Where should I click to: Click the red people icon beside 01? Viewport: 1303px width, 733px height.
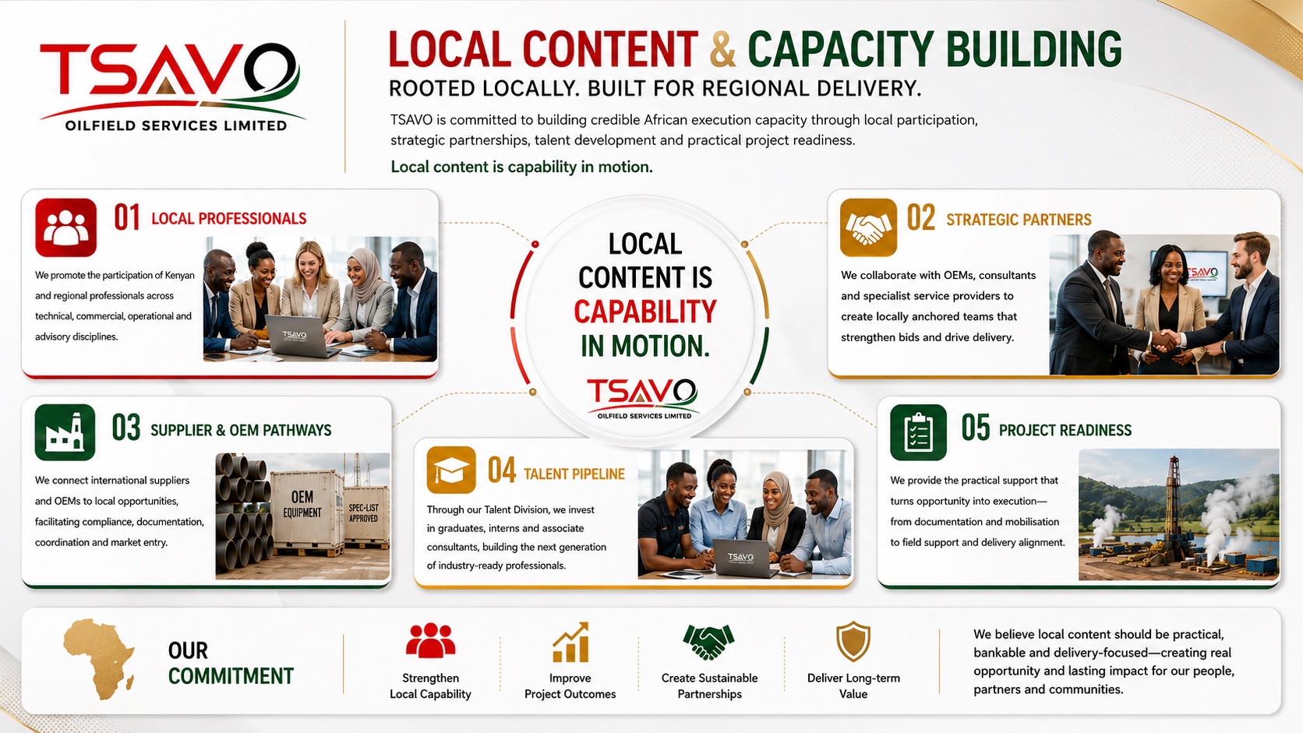(x=65, y=227)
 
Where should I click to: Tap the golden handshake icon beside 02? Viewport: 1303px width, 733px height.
(x=868, y=227)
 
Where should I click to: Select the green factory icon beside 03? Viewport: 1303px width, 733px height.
(x=65, y=432)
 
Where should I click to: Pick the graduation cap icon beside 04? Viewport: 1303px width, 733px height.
(x=450, y=470)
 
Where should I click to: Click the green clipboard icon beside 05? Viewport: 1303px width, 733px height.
(x=918, y=432)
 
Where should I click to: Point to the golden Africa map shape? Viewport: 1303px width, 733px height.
(x=100, y=658)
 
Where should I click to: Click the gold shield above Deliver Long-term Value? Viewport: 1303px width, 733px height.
(x=853, y=641)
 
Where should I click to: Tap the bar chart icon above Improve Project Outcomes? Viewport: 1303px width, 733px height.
(x=570, y=643)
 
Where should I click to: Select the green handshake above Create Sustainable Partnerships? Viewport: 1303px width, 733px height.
(x=708, y=642)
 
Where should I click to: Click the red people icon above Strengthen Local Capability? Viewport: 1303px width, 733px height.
(x=430, y=640)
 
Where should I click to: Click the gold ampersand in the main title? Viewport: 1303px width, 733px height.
(x=723, y=49)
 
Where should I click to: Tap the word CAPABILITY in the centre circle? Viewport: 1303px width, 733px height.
(x=645, y=312)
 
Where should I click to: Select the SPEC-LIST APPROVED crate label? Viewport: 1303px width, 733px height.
(x=364, y=513)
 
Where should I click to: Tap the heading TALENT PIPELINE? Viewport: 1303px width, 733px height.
(x=574, y=474)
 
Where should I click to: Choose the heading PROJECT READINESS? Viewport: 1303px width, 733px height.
(x=1065, y=430)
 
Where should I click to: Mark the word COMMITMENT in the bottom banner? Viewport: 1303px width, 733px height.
(x=231, y=676)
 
